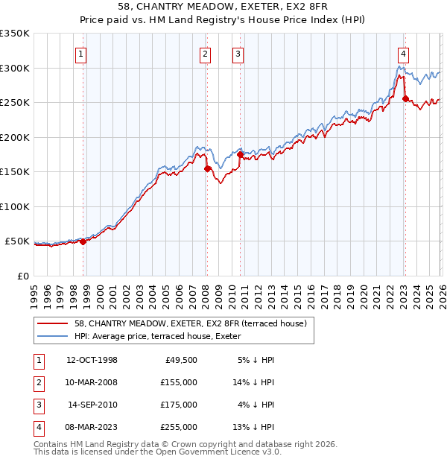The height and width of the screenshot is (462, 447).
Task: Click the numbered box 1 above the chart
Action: pyautogui.click(x=80, y=54)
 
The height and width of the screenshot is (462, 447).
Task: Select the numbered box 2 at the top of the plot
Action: pyautogui.click(x=205, y=54)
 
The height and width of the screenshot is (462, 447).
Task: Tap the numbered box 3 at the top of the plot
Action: pyautogui.click(x=238, y=54)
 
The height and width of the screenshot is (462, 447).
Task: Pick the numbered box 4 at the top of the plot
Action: pyautogui.click(x=402, y=54)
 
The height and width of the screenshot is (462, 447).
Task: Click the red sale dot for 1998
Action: pyautogui.click(x=83, y=241)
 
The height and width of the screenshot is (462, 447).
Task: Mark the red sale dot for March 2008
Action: pyautogui.click(x=206, y=168)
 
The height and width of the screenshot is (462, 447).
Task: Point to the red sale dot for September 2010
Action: pyautogui.click(x=240, y=154)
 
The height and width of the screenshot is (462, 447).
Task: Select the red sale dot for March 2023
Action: pyautogui.click(x=405, y=98)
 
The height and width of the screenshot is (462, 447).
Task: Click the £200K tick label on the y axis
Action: pyautogui.click(x=15, y=137)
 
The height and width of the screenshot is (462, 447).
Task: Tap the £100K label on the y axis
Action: pyautogui.click(x=15, y=206)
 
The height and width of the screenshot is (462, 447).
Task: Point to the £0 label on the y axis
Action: pyautogui.click(x=22, y=276)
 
